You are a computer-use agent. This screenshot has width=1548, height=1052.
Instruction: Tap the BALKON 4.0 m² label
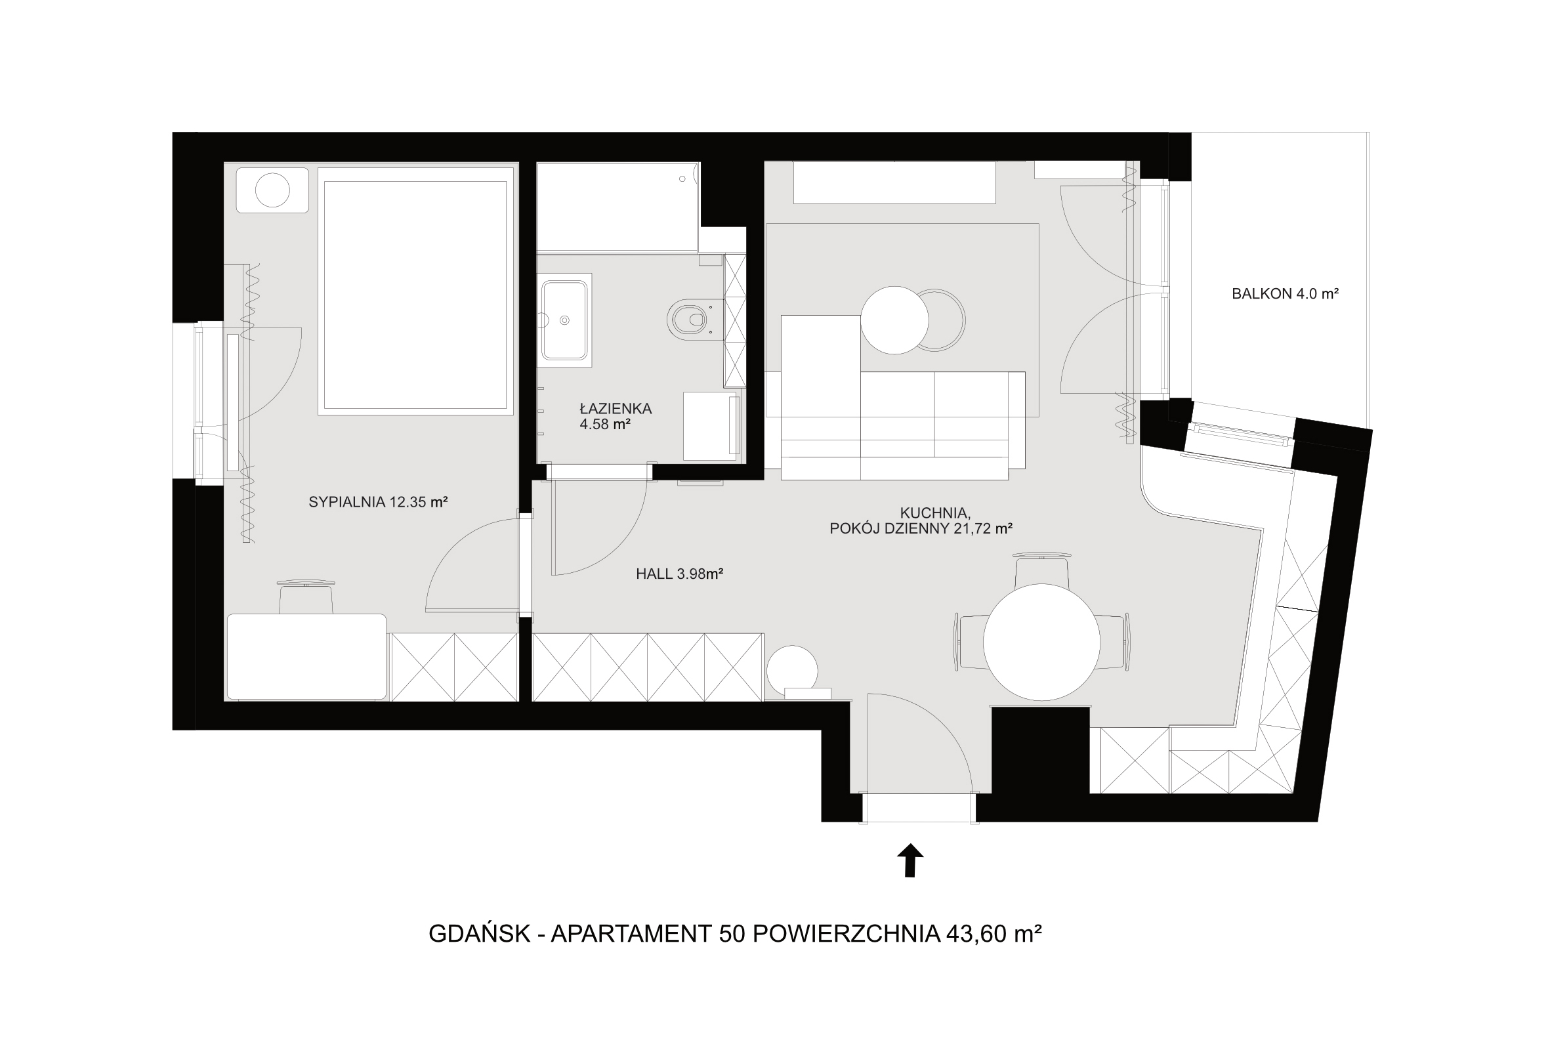[x=1285, y=293]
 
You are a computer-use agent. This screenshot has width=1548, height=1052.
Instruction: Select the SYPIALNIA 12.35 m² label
[x=378, y=501]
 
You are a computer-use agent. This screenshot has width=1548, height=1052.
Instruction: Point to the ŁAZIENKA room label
[x=616, y=408]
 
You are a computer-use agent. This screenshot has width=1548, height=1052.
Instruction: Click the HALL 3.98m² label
[x=679, y=574]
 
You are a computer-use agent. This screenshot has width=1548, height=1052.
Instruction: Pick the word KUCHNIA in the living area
[x=934, y=513]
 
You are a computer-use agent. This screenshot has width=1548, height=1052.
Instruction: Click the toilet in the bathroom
[x=689, y=320]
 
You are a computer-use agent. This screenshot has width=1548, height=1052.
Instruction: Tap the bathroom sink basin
[x=565, y=320]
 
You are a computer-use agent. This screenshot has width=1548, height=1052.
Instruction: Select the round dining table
[x=1041, y=642]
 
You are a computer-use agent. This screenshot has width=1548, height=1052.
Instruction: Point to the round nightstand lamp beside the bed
[x=273, y=190]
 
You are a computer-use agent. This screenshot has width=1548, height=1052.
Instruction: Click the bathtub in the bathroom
[x=617, y=207]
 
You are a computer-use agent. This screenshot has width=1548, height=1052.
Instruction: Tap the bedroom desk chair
[x=306, y=597]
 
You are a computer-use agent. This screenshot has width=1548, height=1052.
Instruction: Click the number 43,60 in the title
[x=975, y=934]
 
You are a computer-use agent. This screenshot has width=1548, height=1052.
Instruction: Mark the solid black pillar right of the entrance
[x=1041, y=749]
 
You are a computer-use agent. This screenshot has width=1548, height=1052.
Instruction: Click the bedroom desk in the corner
[x=306, y=657]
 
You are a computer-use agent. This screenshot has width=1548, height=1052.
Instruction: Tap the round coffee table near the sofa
[x=894, y=320]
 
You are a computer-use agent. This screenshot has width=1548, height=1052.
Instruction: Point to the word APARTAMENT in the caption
[x=631, y=934]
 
